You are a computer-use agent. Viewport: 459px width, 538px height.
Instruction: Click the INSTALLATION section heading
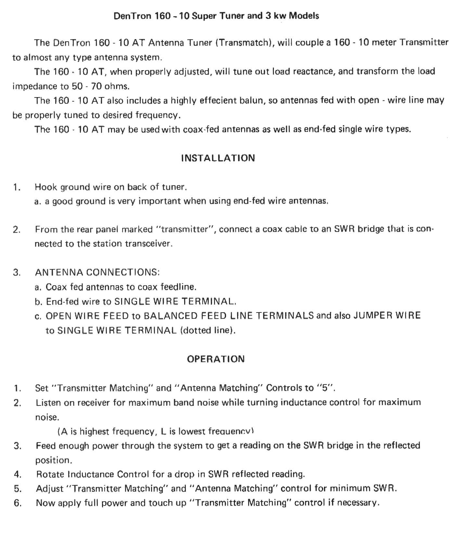218,158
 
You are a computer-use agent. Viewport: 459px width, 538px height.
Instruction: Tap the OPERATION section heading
216,359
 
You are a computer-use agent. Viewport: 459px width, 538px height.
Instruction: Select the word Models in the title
304,16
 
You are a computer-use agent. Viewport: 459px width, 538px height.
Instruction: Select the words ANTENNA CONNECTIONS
97,272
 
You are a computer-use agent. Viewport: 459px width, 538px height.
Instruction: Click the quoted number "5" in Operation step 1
325,388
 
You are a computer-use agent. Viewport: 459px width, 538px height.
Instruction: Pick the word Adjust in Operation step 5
50,489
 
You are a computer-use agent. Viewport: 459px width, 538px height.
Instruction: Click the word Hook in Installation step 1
46,187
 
